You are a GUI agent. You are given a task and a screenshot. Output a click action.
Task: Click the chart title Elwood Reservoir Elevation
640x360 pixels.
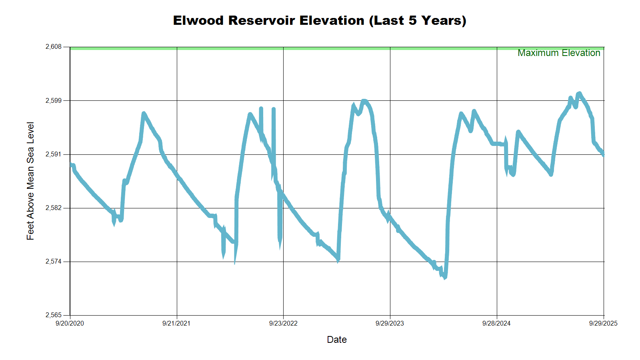point(320,20)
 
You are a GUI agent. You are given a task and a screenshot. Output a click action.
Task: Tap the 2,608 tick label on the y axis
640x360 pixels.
point(54,47)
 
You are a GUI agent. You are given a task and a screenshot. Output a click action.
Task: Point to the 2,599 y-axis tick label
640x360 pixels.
point(54,100)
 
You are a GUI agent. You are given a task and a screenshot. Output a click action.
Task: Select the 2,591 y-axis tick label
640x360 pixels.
point(54,154)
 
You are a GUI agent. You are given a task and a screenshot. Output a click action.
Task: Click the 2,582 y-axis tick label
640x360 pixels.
point(54,208)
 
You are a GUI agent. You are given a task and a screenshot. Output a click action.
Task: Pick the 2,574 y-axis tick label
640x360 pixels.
point(54,262)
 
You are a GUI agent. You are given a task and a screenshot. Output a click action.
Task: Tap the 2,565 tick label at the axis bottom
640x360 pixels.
point(54,315)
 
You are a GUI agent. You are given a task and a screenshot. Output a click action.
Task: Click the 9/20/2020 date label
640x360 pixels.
point(70,323)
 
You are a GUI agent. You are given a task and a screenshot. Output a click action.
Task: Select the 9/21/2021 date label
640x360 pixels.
point(176,323)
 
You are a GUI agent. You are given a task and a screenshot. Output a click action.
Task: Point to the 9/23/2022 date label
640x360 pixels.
point(283,323)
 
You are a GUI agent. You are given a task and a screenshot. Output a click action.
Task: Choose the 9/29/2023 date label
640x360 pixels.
point(390,323)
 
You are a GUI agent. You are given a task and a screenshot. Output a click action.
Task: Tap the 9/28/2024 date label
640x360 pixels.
point(496,323)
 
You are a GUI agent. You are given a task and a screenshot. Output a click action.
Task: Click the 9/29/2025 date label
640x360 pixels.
point(603,323)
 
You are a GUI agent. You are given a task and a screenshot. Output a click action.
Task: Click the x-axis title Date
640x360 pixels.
point(337,340)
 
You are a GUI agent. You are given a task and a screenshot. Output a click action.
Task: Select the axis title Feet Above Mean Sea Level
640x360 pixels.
point(30,181)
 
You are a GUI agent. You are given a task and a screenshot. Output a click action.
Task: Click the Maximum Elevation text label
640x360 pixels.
point(559,53)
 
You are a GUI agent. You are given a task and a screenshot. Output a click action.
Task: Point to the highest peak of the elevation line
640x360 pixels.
point(579,93)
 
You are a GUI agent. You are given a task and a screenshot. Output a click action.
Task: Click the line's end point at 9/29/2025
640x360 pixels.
point(604,155)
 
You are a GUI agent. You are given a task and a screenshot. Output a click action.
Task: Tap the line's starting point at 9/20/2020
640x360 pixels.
point(70,164)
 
